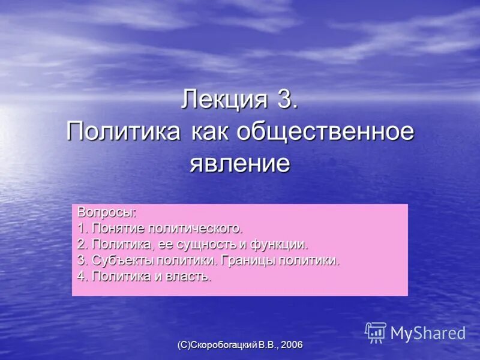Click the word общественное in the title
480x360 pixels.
click(x=326, y=131)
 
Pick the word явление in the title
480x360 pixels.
click(x=240, y=163)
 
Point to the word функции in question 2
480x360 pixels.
click(x=280, y=245)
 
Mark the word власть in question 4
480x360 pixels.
click(x=191, y=277)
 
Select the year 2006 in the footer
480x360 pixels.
click(x=291, y=344)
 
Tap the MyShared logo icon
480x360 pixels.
click(x=376, y=332)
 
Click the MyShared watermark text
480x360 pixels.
click(x=428, y=333)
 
